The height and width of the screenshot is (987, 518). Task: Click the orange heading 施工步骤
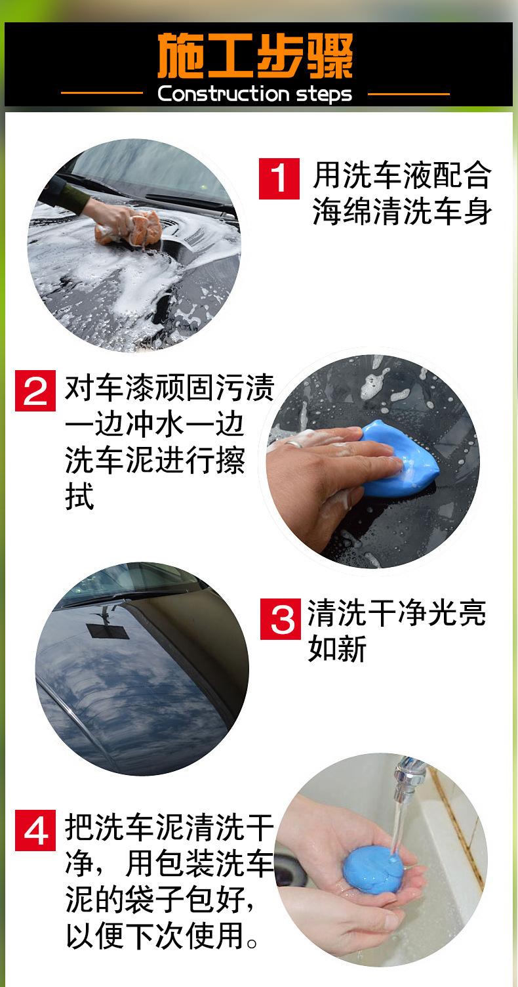pyautogui.click(x=255, y=56)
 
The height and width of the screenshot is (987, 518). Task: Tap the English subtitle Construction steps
pyautogui.click(x=255, y=94)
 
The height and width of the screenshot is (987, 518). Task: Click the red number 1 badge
pyautogui.click(x=279, y=178)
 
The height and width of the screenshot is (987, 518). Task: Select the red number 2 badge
pyautogui.click(x=35, y=390)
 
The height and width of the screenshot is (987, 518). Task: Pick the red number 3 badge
pyautogui.click(x=281, y=619)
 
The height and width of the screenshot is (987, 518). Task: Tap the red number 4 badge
pyautogui.click(x=35, y=830)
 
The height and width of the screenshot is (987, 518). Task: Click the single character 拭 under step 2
pyautogui.click(x=79, y=497)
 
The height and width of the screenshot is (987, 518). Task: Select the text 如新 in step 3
pyautogui.click(x=337, y=648)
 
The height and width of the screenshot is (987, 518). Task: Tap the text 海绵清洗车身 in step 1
pyautogui.click(x=402, y=211)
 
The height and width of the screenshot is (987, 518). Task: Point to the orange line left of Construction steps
pyautogui.click(x=102, y=93)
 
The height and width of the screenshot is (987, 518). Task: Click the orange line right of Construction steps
pyautogui.click(x=409, y=94)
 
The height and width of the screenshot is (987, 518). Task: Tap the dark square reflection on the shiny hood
pyautogui.click(x=108, y=631)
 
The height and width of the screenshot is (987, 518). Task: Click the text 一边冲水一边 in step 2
pyautogui.click(x=155, y=425)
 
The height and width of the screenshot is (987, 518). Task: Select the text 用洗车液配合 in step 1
pyautogui.click(x=402, y=175)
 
